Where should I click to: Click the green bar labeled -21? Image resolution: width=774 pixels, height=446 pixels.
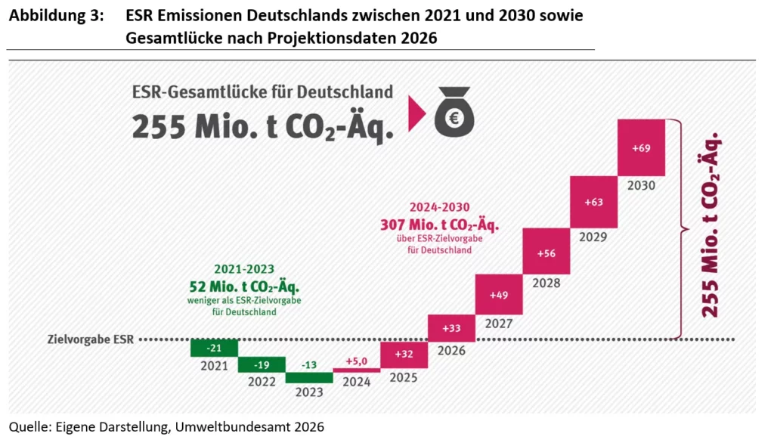click(x=214, y=347)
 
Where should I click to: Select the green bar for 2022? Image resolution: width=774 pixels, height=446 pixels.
click(x=262, y=364)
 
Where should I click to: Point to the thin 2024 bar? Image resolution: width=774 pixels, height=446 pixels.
click(x=356, y=370)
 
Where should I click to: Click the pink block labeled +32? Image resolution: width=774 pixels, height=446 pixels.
click(x=404, y=354)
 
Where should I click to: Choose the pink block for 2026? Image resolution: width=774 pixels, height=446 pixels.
click(x=451, y=327)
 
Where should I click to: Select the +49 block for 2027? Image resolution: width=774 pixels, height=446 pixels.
click(x=499, y=294)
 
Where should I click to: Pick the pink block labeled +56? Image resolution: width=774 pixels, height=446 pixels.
click(x=546, y=252)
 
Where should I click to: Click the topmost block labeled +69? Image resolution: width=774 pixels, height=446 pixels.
click(x=641, y=147)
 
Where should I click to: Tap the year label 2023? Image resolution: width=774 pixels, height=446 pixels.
click(x=308, y=392)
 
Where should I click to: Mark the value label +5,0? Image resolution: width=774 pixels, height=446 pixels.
click(x=356, y=361)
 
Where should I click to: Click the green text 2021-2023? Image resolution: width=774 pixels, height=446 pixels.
click(x=243, y=268)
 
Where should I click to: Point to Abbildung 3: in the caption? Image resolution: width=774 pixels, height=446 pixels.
click(x=57, y=17)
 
